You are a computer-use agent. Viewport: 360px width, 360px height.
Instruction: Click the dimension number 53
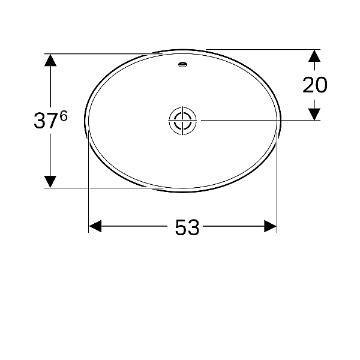(x=187, y=227)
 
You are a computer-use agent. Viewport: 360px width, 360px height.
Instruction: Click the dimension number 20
(x=315, y=85)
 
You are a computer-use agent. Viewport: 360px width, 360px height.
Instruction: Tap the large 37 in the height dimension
(x=45, y=121)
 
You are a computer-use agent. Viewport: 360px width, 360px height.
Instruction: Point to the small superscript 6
(x=64, y=116)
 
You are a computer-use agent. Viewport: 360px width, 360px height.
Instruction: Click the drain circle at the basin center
(x=182, y=121)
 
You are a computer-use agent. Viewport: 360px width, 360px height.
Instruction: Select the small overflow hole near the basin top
(x=183, y=65)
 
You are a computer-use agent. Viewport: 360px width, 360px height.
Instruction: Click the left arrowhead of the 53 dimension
(x=95, y=226)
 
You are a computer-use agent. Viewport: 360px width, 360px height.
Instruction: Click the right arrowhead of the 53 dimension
(x=270, y=226)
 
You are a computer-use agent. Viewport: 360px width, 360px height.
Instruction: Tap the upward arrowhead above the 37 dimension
(x=50, y=60)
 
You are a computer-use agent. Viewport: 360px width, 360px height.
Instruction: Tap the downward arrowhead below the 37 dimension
(x=50, y=182)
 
